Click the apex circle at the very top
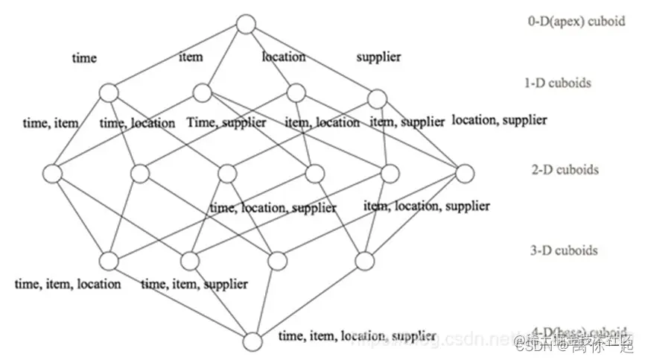(246, 25)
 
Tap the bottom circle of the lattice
(253, 342)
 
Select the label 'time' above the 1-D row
(84, 57)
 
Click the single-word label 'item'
(191, 56)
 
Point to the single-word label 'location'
(283, 56)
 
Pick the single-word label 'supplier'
(378, 56)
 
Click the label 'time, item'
(51, 123)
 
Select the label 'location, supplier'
(499, 119)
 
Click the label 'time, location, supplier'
(273, 207)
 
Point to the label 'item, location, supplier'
(427, 205)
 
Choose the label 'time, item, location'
(68, 283)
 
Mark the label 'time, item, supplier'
(194, 283)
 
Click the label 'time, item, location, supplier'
(357, 336)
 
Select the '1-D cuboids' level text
(558, 83)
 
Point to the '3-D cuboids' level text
(565, 250)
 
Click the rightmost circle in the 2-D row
(465, 174)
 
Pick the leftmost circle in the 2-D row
(52, 174)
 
